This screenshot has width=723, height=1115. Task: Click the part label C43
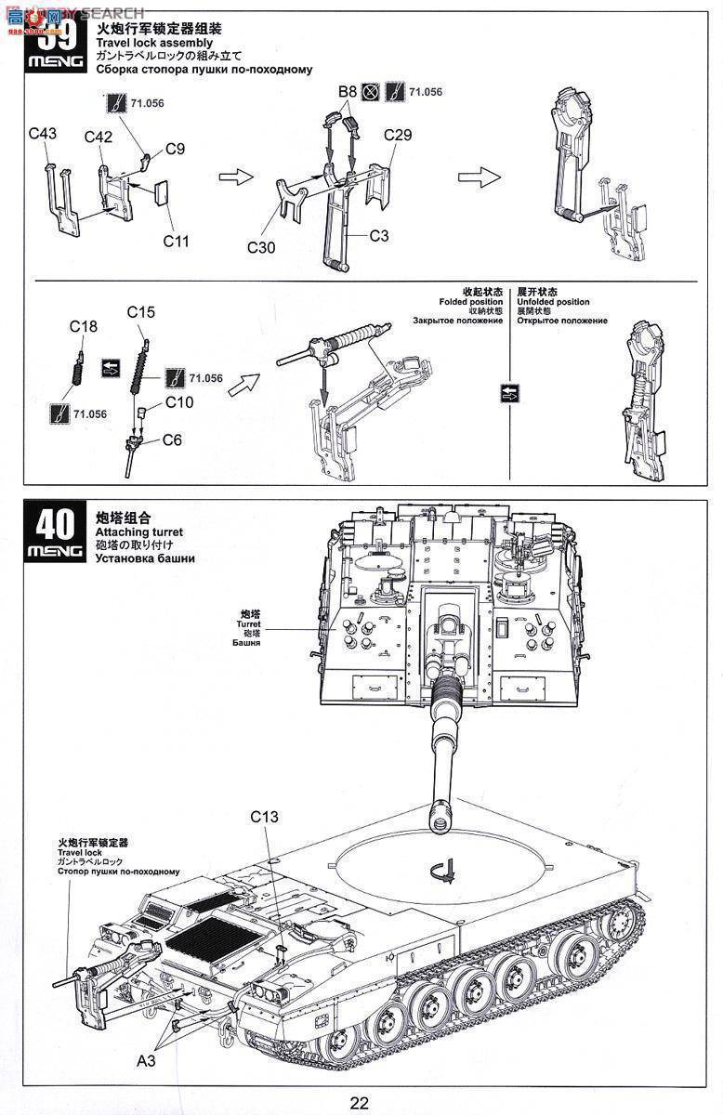click(42, 133)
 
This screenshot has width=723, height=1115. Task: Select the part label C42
click(99, 137)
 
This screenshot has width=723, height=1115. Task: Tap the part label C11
click(176, 241)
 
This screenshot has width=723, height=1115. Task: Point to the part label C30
click(262, 247)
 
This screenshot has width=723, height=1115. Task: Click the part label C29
click(398, 135)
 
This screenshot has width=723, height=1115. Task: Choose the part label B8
click(347, 91)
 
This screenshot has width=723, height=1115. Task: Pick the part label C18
click(83, 326)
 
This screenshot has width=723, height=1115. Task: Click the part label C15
click(140, 312)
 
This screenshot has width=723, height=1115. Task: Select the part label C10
click(179, 401)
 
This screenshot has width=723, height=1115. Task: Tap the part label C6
click(172, 439)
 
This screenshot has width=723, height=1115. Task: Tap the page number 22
click(360, 1103)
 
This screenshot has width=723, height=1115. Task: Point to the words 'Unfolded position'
click(553, 302)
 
